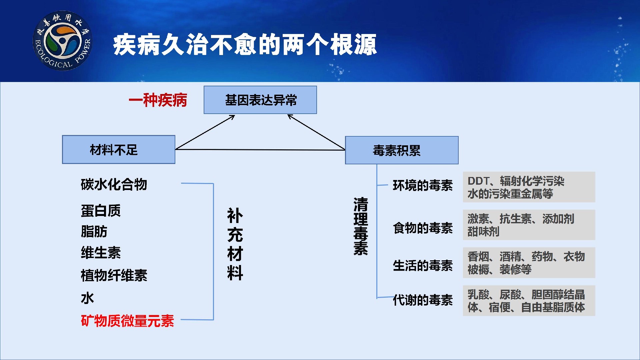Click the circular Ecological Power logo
point(62,41)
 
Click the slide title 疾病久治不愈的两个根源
point(245,45)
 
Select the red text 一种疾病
point(158,100)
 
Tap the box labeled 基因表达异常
point(260,100)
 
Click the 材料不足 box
point(119,149)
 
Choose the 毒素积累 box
point(402,150)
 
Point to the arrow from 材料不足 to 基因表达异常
point(205,132)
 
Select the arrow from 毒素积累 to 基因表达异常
point(316,132)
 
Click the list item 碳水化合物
point(114,184)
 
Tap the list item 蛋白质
point(101,211)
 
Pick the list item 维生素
point(101,253)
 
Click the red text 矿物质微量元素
point(127,321)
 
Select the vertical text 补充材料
point(235,244)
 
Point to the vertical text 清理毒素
point(361,226)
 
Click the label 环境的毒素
point(423,185)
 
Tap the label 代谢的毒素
point(423,300)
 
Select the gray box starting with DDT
point(529,187)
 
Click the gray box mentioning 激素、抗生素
point(529,225)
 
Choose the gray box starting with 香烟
point(529,263)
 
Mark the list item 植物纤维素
point(114,275)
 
